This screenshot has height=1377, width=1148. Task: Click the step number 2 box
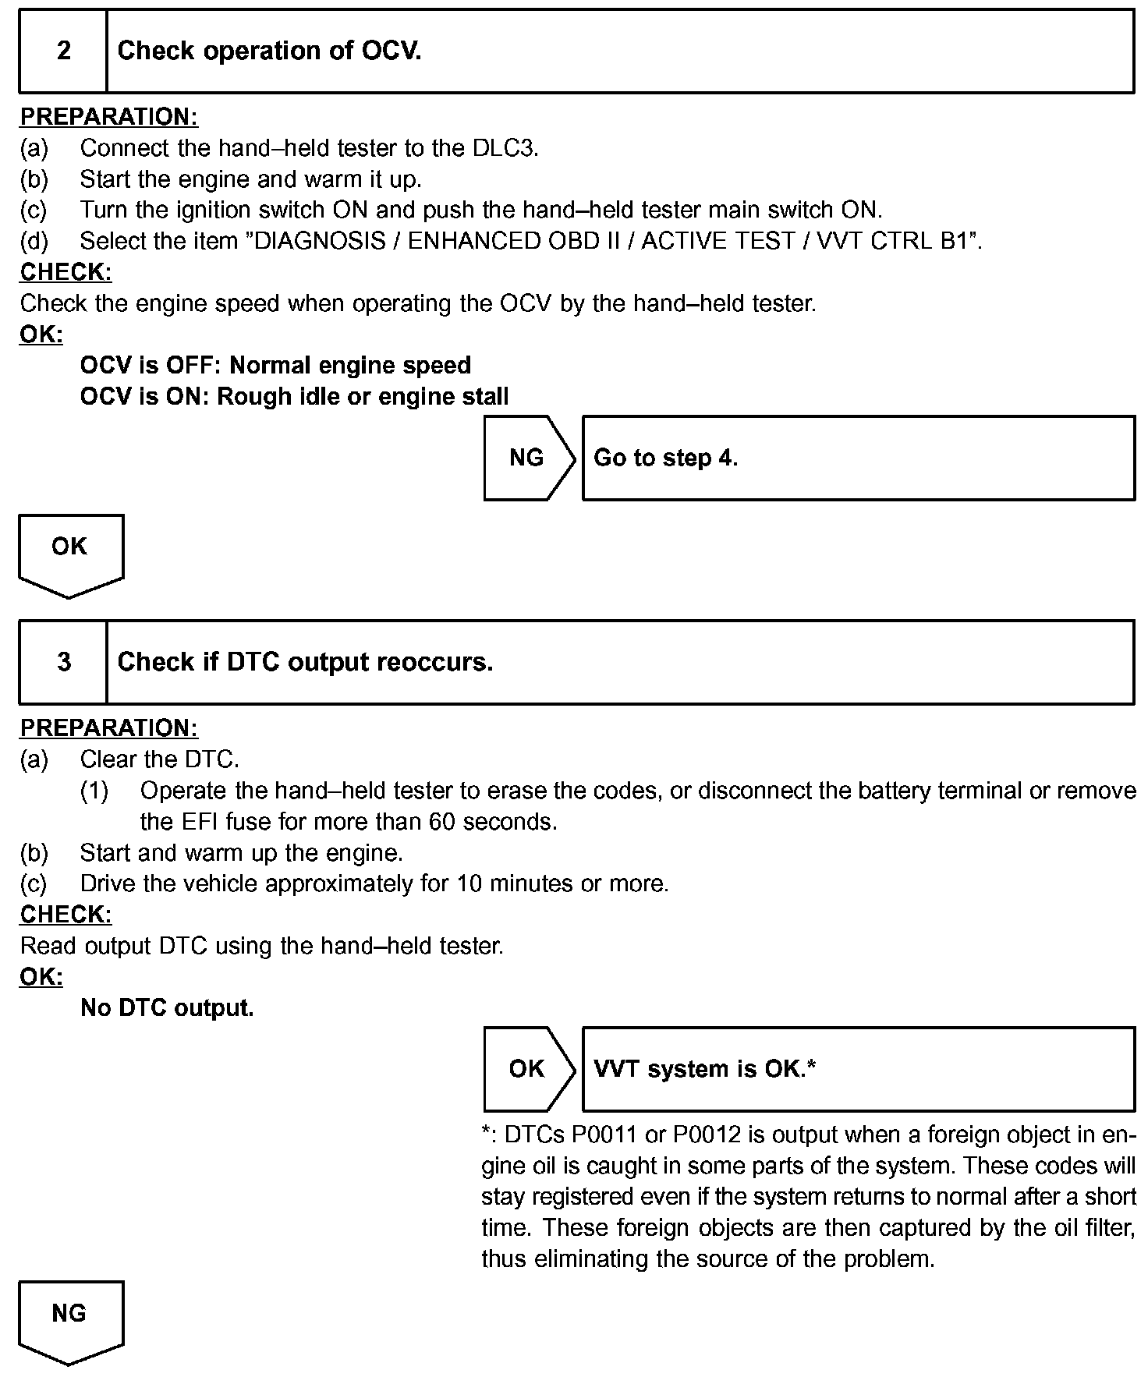click(63, 51)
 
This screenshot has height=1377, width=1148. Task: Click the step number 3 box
click(63, 662)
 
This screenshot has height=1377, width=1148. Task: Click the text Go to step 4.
click(665, 458)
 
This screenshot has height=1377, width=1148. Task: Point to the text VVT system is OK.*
click(704, 1069)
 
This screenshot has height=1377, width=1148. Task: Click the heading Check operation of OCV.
click(269, 51)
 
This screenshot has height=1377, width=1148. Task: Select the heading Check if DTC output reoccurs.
click(305, 662)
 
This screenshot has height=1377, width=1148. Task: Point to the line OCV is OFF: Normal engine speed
click(275, 366)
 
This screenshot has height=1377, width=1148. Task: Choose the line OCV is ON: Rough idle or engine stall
click(294, 397)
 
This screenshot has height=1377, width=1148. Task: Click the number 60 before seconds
click(442, 822)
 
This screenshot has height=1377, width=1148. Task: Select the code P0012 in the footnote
click(707, 1135)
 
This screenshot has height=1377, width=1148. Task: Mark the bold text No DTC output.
click(167, 1008)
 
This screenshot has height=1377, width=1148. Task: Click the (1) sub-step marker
click(94, 791)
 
